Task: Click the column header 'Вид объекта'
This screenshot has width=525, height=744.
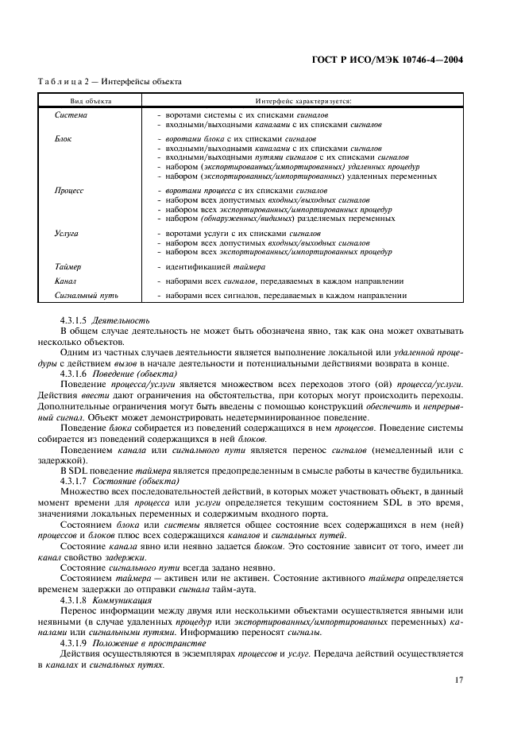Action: tap(91, 102)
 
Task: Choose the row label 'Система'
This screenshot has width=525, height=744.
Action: tap(71, 116)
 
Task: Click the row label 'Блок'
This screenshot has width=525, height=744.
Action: tap(64, 139)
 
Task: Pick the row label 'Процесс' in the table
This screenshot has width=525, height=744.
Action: tap(69, 192)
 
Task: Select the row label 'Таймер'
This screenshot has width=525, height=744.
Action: tap(68, 267)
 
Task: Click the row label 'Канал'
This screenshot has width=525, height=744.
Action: tap(66, 281)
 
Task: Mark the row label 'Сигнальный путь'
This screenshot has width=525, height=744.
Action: tap(87, 296)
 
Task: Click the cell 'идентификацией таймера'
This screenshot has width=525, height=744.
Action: tap(215, 267)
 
